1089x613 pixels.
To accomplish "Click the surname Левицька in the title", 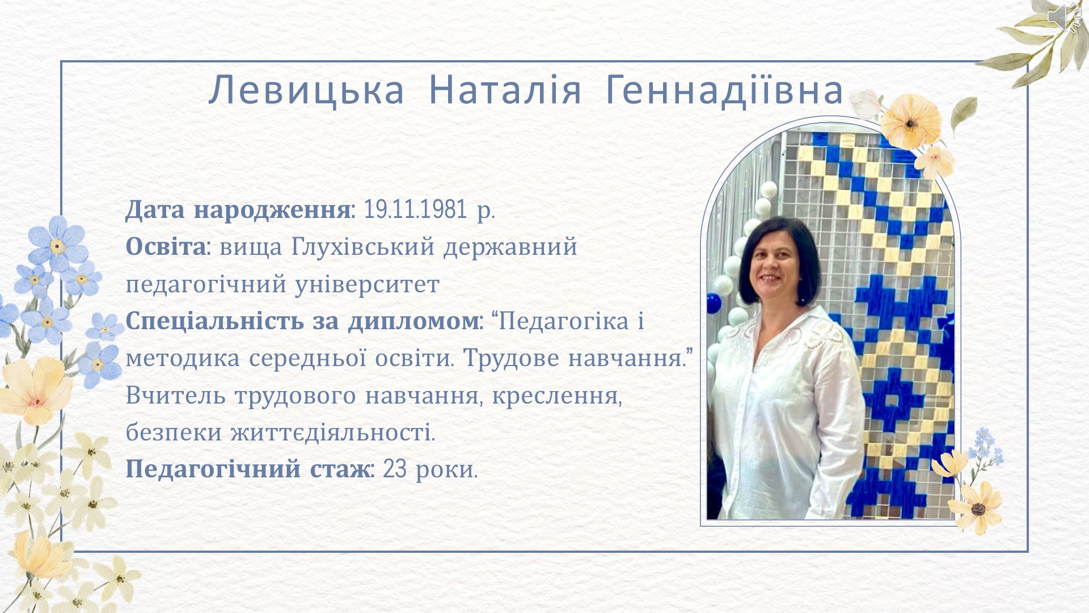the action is pyautogui.click(x=306, y=90).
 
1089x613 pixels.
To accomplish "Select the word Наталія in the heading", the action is pyautogui.click(x=505, y=90).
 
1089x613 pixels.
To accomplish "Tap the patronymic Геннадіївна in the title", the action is pyautogui.click(x=724, y=90).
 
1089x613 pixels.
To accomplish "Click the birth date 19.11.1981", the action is pyautogui.click(x=415, y=209).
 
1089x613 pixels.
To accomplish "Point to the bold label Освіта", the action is pyautogui.click(x=165, y=247).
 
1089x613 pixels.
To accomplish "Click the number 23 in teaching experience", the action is pyautogui.click(x=395, y=469).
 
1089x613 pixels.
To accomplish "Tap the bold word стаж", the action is pyautogui.click(x=340, y=469).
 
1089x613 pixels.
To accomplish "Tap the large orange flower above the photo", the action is pyautogui.click(x=910, y=122).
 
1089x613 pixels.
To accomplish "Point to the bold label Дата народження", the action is pyautogui.click(x=238, y=209).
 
